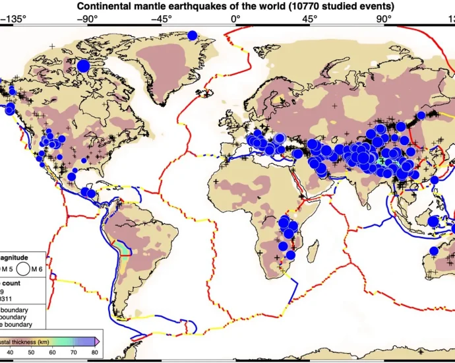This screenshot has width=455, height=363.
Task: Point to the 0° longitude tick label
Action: [x=235, y=18]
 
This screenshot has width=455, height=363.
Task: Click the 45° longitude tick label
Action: [x=309, y=18]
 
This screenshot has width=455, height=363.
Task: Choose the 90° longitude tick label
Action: [x=384, y=18]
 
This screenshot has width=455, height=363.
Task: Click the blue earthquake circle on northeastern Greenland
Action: [x=193, y=35]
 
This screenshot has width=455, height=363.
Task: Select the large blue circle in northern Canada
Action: [x=83, y=65]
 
